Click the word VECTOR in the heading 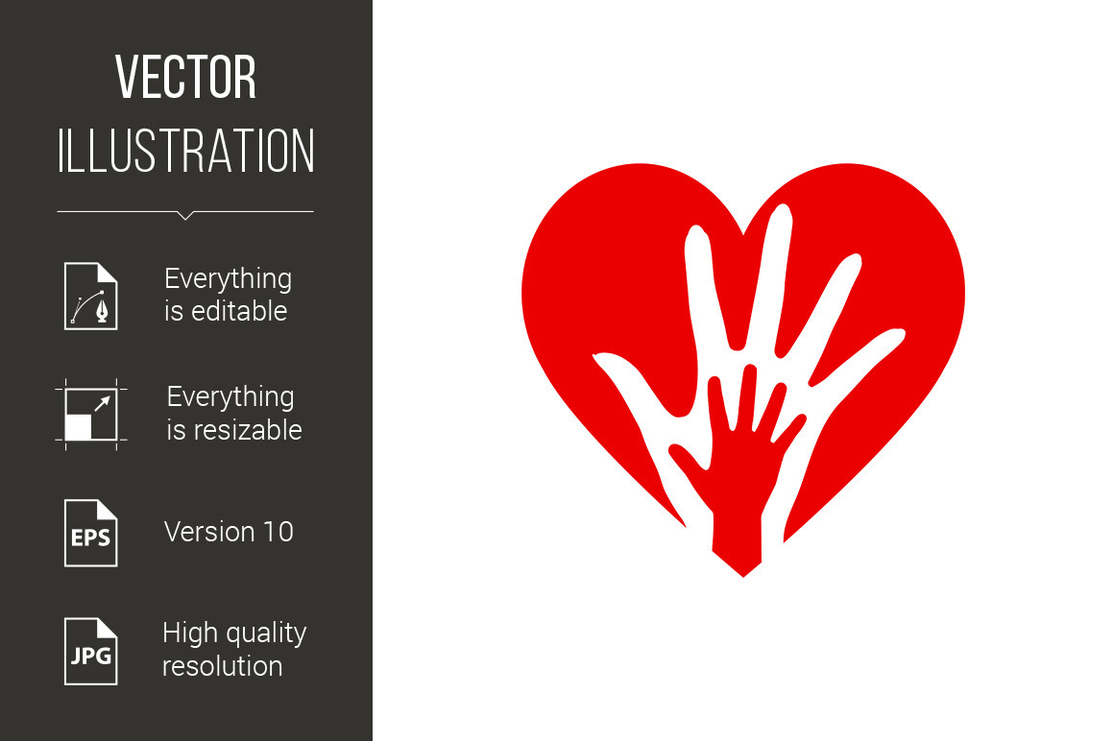[x=186, y=77]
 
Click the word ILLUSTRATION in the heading [x=186, y=151]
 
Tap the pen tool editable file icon [x=91, y=296]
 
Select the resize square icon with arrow [x=91, y=415]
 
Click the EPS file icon [x=91, y=533]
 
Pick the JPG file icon [x=91, y=651]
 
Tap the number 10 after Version [x=278, y=532]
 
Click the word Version [x=209, y=532]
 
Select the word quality [x=266, y=633]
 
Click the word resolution [x=223, y=666]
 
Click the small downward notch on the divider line [x=185, y=216]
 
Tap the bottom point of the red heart [x=743, y=576]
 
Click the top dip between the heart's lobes [x=743, y=233]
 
